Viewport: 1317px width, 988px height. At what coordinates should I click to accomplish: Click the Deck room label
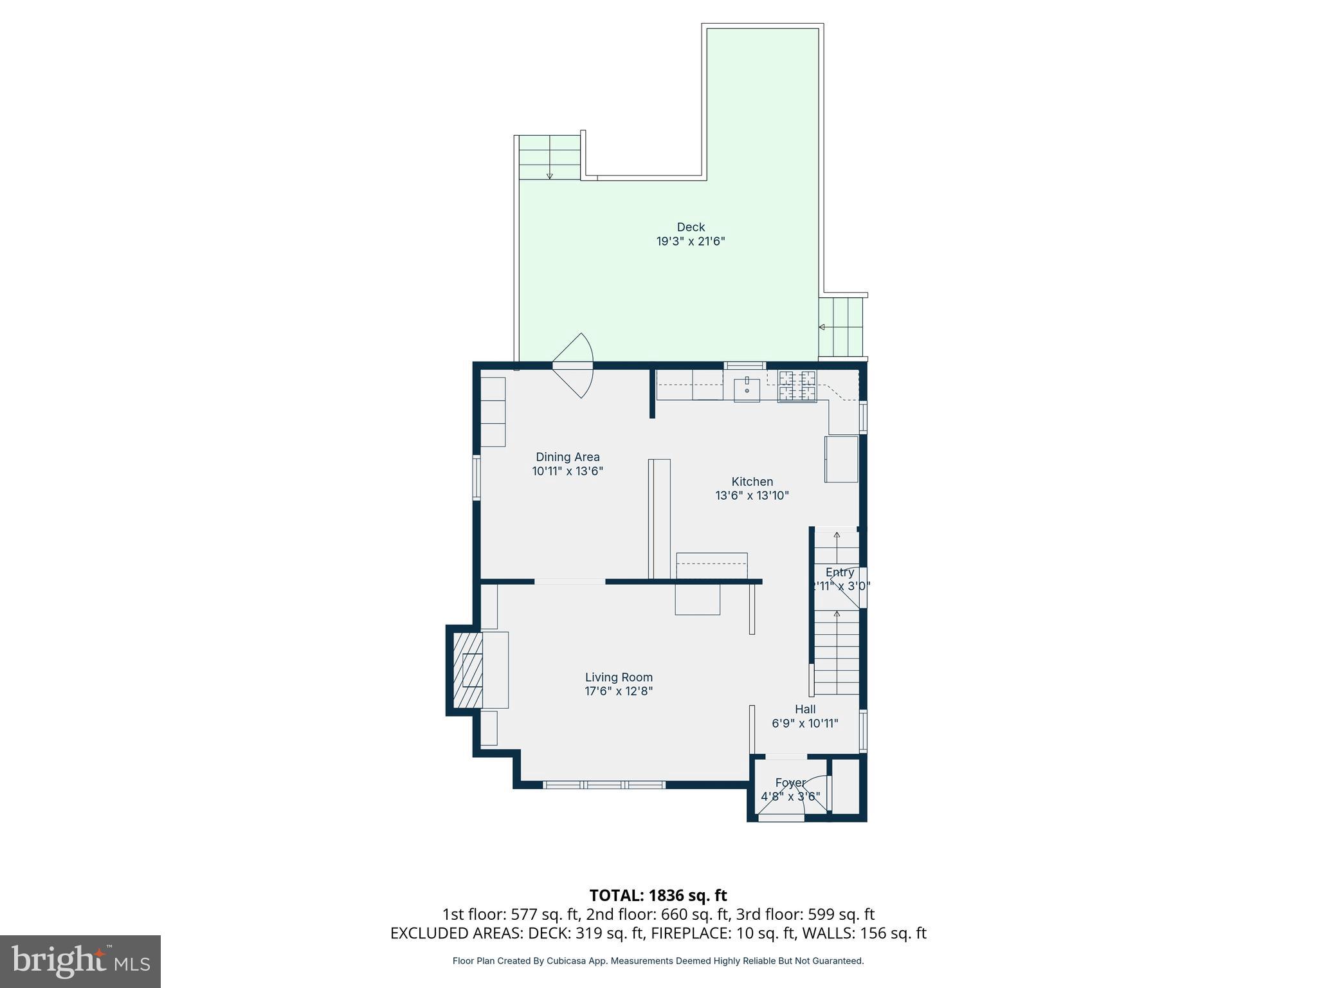pyautogui.click(x=691, y=227)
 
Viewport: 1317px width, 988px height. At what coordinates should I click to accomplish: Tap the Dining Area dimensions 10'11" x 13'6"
pyautogui.click(x=567, y=471)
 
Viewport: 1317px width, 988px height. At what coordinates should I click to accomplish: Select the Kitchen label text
pyautogui.click(x=752, y=482)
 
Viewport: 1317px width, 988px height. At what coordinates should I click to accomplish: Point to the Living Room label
pyautogui.click(x=619, y=677)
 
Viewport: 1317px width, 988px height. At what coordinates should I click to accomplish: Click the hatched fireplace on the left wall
pyautogui.click(x=468, y=670)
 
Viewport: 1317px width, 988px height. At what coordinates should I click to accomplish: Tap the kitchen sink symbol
pyautogui.click(x=747, y=389)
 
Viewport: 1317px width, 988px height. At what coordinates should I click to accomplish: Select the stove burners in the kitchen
pyautogui.click(x=797, y=386)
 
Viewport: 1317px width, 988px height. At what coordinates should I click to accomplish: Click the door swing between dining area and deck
pyautogui.click(x=576, y=365)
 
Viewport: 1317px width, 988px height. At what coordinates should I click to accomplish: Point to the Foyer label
pyautogui.click(x=790, y=783)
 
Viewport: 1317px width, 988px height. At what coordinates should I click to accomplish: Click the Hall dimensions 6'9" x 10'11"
pyautogui.click(x=805, y=724)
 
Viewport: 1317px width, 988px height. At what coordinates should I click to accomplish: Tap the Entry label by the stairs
pyautogui.click(x=840, y=572)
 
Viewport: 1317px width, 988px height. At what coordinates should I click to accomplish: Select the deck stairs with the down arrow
pyautogui.click(x=549, y=158)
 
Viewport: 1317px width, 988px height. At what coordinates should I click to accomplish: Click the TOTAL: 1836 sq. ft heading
pyautogui.click(x=658, y=895)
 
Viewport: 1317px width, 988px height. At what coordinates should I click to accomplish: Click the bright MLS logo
pyautogui.click(x=80, y=961)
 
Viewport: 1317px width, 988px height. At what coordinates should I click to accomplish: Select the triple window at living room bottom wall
pyautogui.click(x=603, y=785)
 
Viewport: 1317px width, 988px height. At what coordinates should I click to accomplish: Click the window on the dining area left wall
pyautogui.click(x=477, y=478)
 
